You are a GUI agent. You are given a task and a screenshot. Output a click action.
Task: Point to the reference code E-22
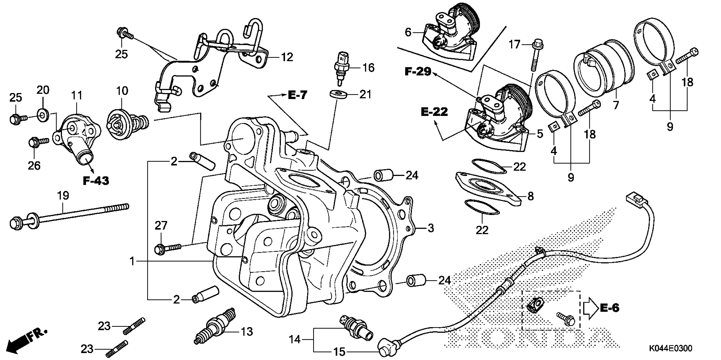(434, 112)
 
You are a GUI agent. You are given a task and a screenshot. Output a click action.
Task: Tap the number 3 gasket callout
(431, 228)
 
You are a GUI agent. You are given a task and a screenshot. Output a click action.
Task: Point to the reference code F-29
(418, 72)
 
